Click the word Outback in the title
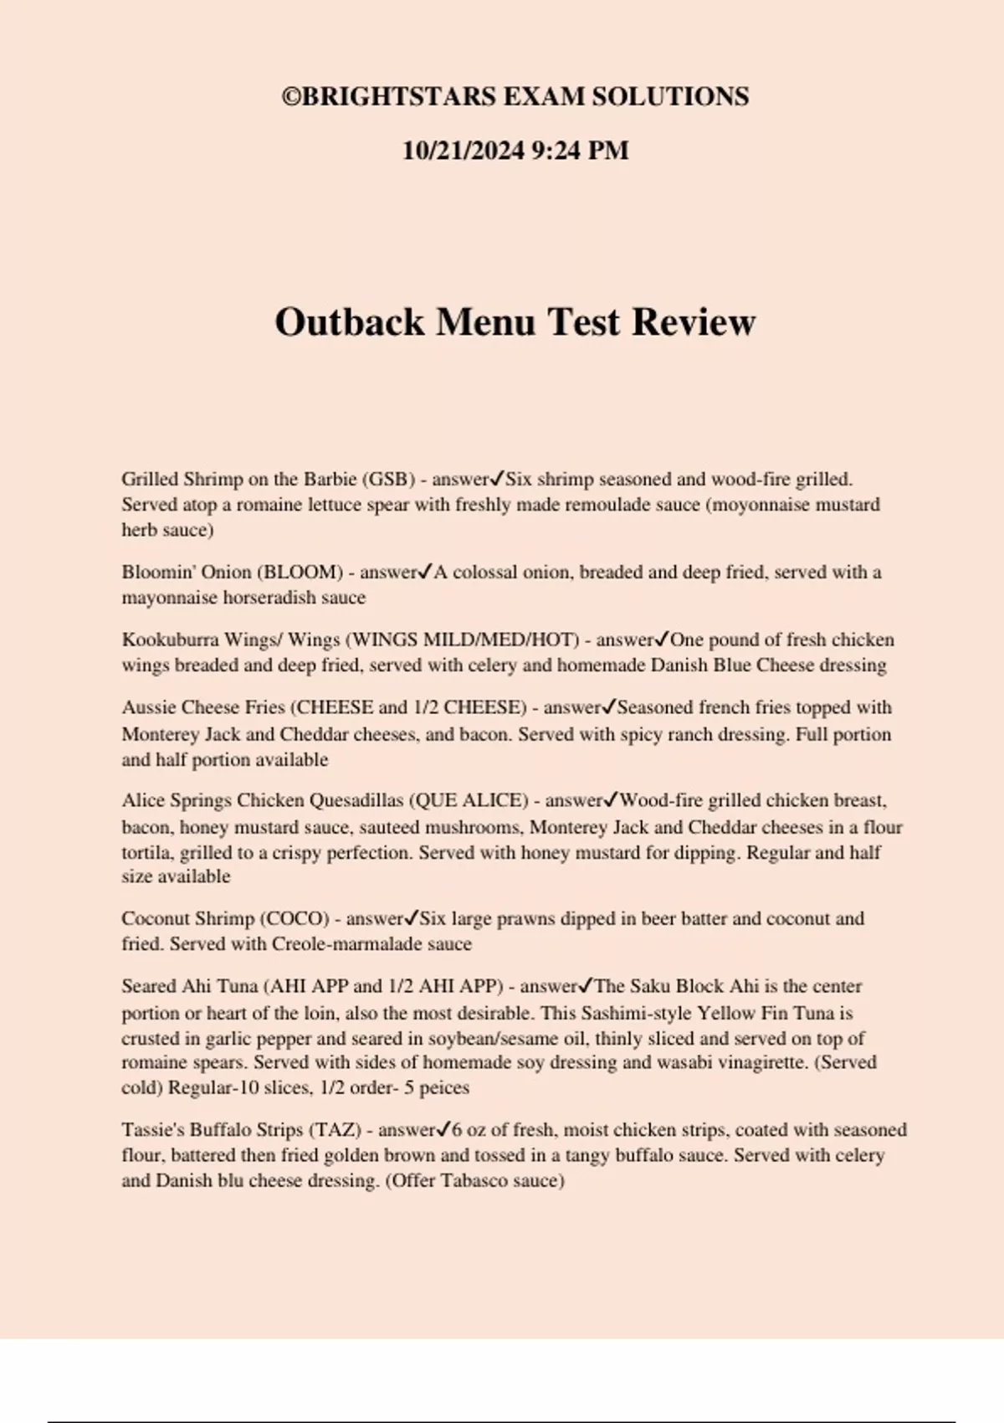tap(350, 322)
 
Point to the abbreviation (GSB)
tap(388, 480)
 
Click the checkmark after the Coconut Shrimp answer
tap(412, 917)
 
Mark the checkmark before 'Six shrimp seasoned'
tap(497, 479)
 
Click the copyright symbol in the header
tap(291, 97)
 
